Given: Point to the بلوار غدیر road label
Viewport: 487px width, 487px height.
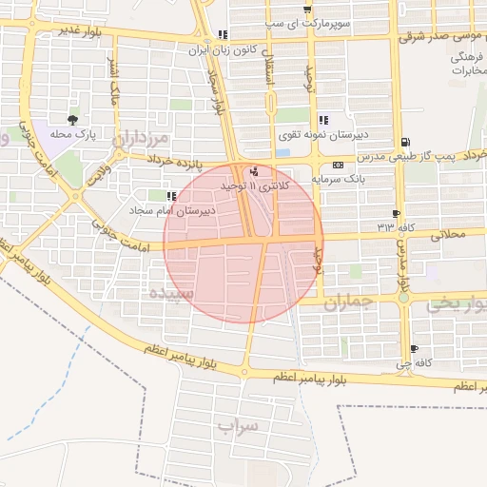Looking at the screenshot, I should pos(78,29).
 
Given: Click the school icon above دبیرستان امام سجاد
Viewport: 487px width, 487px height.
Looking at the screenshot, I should pos(172,196).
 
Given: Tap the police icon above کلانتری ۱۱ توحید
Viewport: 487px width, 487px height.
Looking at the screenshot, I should pos(254,172).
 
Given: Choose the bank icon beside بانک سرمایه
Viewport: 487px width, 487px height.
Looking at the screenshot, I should pos(338,165).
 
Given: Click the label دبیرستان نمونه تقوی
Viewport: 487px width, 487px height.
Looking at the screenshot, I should pos(321,135).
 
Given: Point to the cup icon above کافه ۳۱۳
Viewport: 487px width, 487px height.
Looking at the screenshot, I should pos(396,213).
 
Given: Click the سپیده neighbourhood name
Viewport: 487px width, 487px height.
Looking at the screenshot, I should pos(171,294).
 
